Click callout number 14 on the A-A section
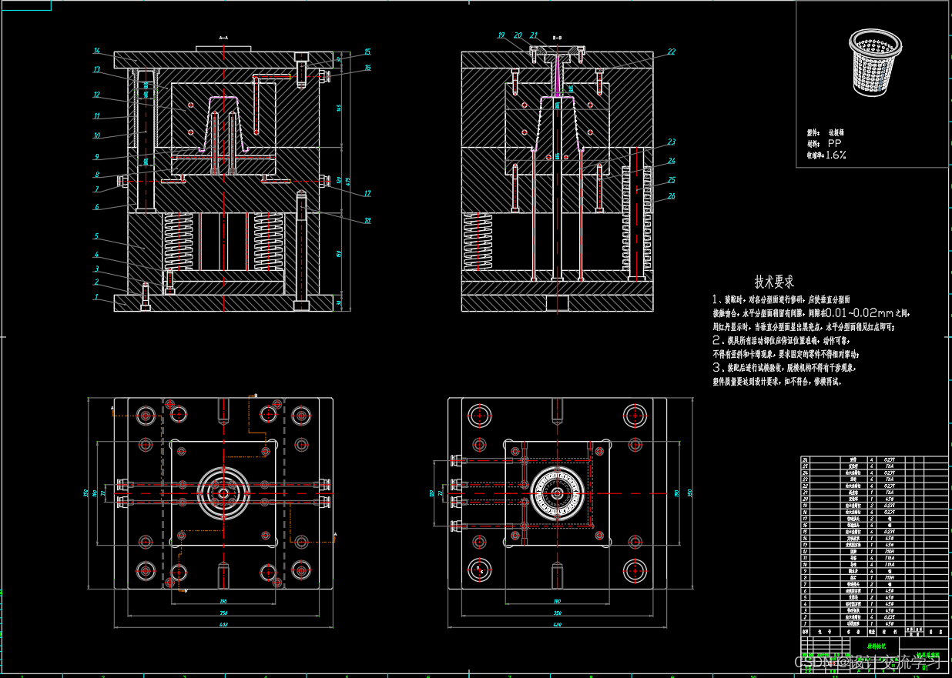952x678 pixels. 97,51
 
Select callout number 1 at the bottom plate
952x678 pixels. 97,296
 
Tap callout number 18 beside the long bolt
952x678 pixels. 367,221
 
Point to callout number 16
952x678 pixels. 367,68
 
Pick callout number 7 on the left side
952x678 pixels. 97,189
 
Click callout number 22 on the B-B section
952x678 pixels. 672,52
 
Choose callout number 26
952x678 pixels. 672,195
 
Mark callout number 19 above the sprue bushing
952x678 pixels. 501,35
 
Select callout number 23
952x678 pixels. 672,142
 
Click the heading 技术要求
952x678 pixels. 774,282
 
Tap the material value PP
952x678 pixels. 834,144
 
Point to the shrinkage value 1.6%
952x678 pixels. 836,155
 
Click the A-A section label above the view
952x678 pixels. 223,37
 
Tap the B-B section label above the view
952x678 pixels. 558,37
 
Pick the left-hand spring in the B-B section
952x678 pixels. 478,241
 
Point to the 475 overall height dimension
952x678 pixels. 348,182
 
